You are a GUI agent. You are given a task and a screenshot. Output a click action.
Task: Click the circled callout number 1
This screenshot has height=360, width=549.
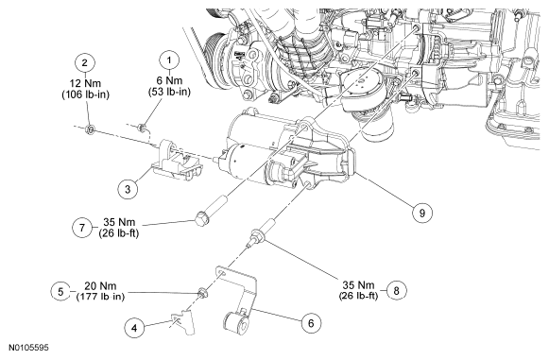click(169, 60)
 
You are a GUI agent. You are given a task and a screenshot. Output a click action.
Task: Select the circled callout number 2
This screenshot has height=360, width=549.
click(85, 63)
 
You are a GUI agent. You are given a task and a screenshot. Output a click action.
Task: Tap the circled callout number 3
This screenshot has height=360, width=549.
click(128, 189)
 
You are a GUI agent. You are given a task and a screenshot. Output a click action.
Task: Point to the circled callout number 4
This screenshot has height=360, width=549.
click(134, 328)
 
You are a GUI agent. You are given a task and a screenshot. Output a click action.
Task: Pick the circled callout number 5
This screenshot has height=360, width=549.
click(60, 291)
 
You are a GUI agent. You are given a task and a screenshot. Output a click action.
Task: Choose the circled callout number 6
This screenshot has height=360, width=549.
click(311, 323)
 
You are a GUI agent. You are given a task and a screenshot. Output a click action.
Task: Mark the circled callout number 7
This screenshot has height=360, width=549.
click(82, 228)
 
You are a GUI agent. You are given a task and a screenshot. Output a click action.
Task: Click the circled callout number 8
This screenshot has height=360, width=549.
click(397, 290)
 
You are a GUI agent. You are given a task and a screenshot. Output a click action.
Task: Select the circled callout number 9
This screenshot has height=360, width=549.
click(421, 213)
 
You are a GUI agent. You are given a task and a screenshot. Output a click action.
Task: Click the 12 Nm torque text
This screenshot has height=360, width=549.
click(85, 83)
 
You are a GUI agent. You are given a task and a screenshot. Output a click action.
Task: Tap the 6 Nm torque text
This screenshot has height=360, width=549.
click(169, 80)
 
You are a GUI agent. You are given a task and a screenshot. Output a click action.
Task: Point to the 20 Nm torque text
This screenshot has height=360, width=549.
click(100, 285)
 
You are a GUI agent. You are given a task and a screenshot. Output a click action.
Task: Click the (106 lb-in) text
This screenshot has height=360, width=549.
click(85, 94)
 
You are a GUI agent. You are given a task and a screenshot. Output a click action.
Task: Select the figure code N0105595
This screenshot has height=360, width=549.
click(28, 348)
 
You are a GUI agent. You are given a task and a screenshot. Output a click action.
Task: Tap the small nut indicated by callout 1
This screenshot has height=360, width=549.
click(141, 128)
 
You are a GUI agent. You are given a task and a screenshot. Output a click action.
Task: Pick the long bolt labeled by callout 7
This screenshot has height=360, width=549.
click(212, 211)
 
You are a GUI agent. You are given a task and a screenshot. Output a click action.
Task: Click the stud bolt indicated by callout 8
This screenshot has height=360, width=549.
click(261, 232)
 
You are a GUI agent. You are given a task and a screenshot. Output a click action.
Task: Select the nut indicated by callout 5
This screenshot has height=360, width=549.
click(202, 292)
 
